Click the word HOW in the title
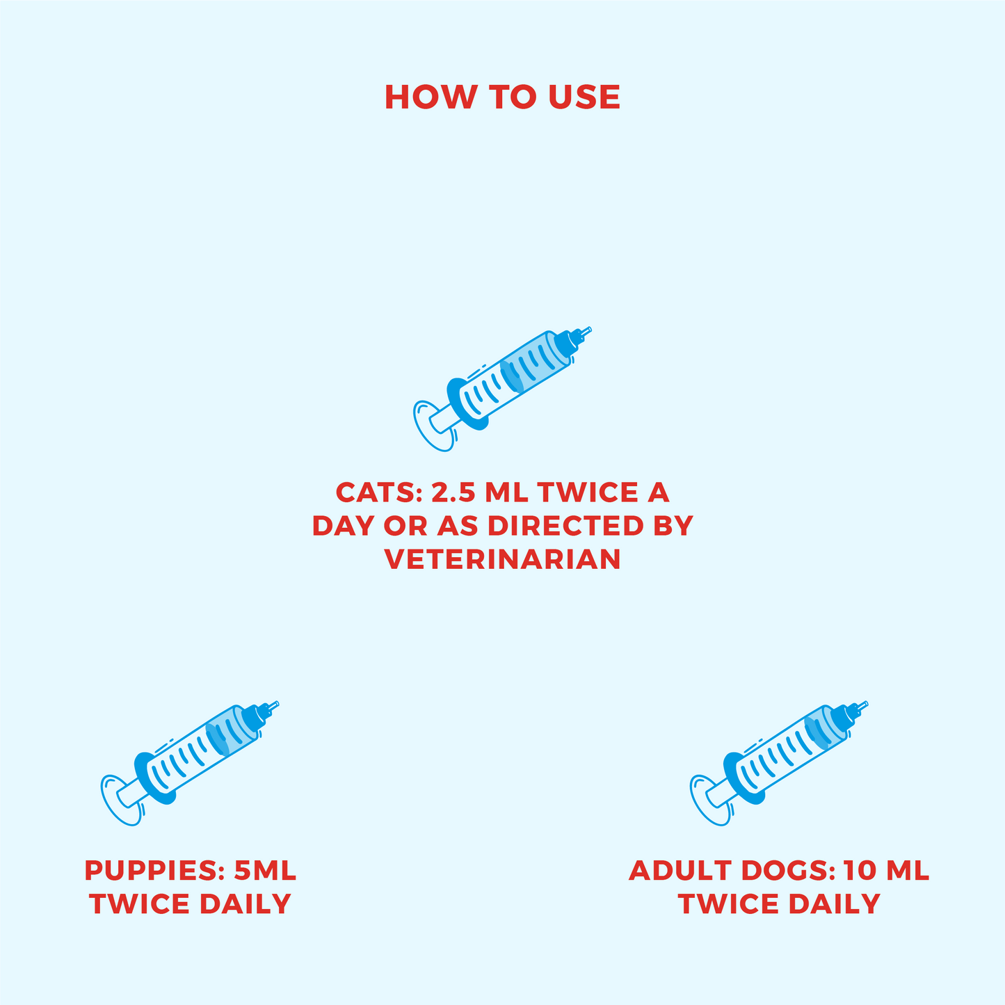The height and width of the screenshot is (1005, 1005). click(x=431, y=97)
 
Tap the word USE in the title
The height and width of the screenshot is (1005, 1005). click(x=584, y=97)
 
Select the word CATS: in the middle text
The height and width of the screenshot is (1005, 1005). click(x=378, y=492)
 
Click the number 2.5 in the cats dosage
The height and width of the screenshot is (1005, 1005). click(x=453, y=492)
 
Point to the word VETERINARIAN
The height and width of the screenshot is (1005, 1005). click(x=503, y=559)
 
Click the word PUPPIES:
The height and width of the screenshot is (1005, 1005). click(x=154, y=871)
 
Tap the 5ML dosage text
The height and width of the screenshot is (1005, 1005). click(x=265, y=871)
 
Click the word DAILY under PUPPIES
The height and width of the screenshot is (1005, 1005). click(x=245, y=904)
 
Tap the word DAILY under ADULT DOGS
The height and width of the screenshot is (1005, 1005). click(x=835, y=904)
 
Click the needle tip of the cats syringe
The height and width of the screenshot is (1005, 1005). click(x=590, y=328)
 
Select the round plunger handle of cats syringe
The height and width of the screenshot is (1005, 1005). click(x=433, y=426)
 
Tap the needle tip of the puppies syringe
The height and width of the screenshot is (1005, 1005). click(x=278, y=704)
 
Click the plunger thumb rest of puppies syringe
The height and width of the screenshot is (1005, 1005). click(x=120, y=801)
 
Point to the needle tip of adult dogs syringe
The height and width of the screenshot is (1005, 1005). click(x=867, y=704)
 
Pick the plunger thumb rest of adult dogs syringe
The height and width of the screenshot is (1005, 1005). click(x=710, y=801)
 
